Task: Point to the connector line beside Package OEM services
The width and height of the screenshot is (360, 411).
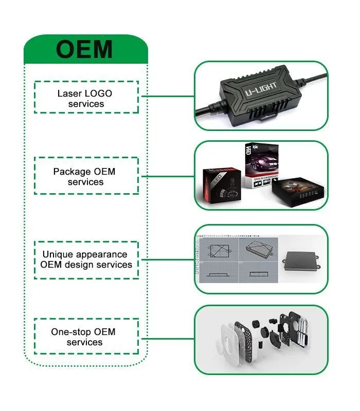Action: [166, 176]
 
